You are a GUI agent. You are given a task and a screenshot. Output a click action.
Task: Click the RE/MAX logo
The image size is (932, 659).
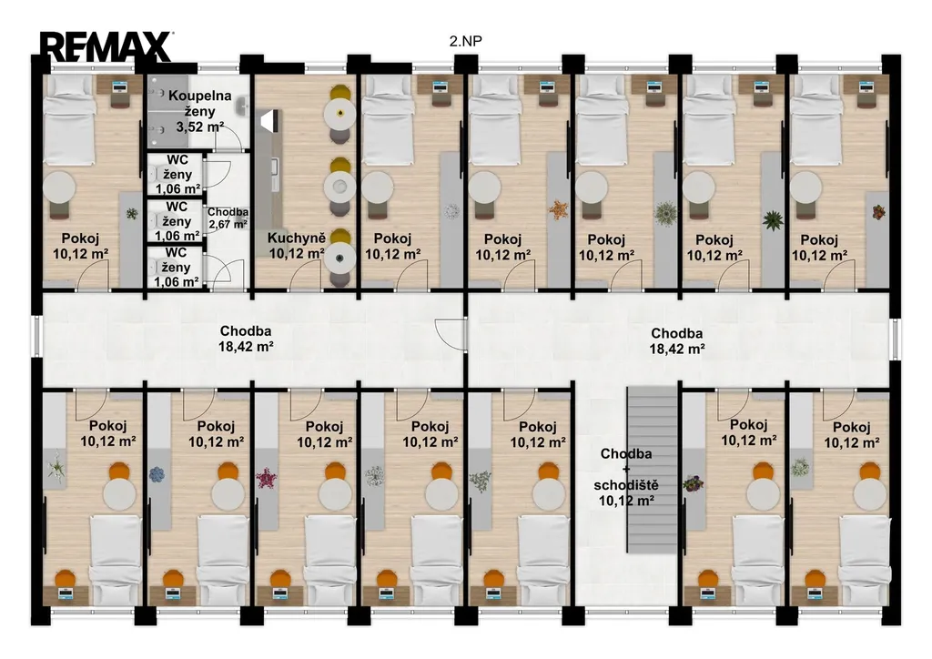point(106,46)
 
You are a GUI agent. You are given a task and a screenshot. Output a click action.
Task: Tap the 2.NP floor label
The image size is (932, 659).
point(465,41)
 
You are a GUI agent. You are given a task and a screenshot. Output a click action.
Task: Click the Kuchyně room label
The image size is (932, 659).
point(297,246)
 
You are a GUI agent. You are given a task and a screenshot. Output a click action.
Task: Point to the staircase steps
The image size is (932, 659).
point(653,470)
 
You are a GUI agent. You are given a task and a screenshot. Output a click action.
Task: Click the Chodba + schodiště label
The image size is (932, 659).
point(626,477)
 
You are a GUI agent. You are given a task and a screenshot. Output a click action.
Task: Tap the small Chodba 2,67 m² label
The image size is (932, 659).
point(228,218)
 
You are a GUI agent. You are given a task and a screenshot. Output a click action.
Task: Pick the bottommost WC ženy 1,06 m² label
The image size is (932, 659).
point(176,268)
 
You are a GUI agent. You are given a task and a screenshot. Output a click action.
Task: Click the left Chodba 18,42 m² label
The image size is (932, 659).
point(246,339)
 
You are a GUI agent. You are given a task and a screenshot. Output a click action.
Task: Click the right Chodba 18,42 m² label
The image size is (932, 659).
point(676,341)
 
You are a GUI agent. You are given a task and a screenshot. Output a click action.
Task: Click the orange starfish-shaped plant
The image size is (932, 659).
point(558,209)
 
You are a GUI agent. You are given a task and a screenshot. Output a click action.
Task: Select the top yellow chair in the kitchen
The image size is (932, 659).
point(340,94)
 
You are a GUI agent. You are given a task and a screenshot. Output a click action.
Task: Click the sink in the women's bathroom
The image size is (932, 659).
point(241,107)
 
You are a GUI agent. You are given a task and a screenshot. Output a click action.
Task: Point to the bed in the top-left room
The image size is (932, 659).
point(69,121)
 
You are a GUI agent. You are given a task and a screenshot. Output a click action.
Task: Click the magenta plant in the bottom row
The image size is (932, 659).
point(265,479)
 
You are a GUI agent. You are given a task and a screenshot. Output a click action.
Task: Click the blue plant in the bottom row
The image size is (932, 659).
point(157,474)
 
